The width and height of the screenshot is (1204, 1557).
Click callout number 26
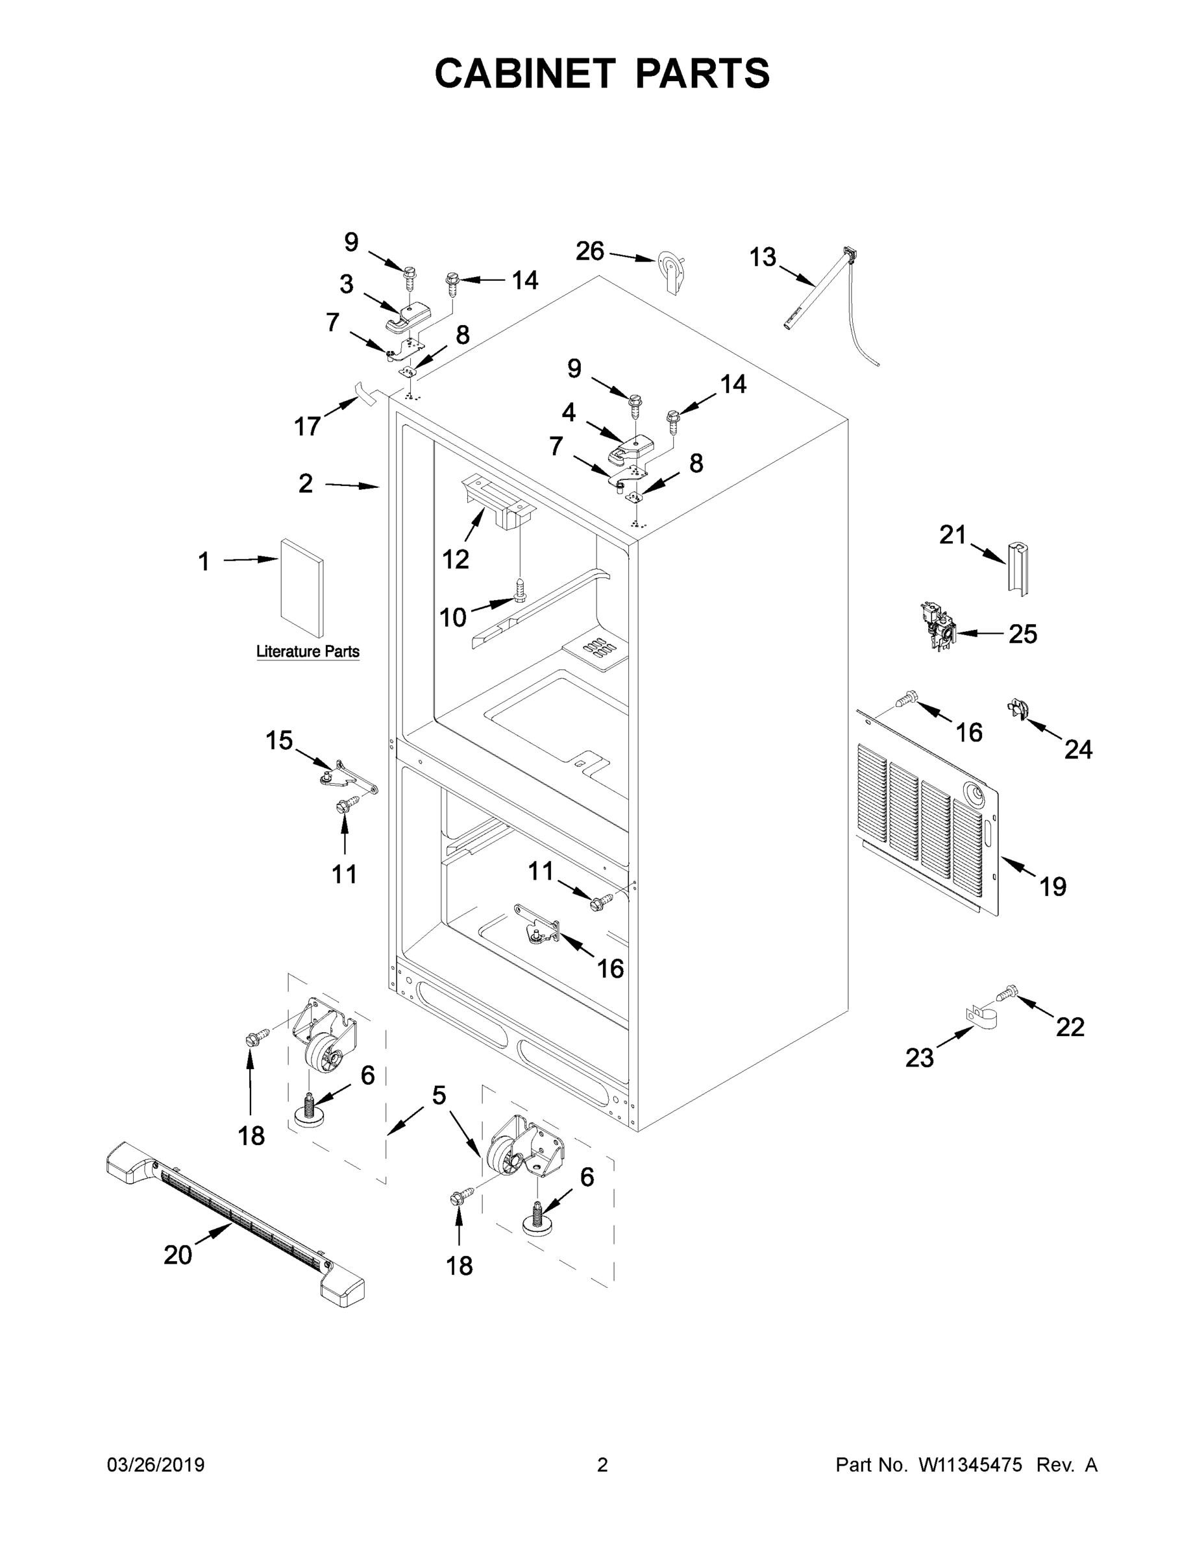pyautogui.click(x=590, y=251)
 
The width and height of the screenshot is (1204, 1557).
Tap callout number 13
pyautogui.click(x=763, y=257)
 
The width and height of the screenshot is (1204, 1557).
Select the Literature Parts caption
pyautogui.click(x=308, y=651)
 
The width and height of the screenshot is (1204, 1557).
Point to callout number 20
pyautogui.click(x=178, y=1255)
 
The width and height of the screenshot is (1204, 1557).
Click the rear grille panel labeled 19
pyautogui.click(x=928, y=813)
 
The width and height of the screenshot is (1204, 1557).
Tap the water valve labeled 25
pyautogui.click(x=937, y=626)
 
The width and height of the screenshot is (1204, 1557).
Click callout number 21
pyautogui.click(x=952, y=534)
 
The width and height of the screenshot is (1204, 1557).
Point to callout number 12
pyautogui.click(x=455, y=559)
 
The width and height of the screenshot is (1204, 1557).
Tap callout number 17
pyautogui.click(x=308, y=426)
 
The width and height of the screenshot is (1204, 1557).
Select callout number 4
pyautogui.click(x=569, y=412)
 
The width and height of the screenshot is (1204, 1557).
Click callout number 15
pyautogui.click(x=279, y=740)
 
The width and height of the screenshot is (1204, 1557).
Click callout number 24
pyautogui.click(x=1077, y=749)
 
